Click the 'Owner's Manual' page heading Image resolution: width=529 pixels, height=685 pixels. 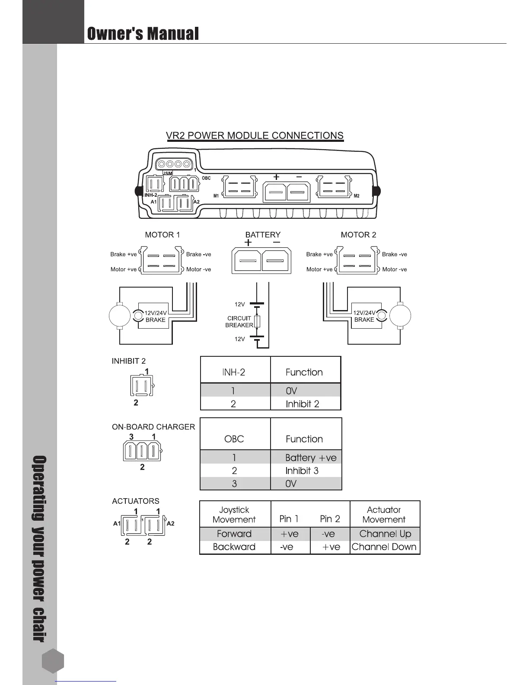(x=143, y=33)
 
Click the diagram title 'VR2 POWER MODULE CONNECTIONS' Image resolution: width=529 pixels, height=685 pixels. (x=255, y=135)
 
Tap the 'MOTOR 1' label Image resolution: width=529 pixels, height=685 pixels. (x=162, y=235)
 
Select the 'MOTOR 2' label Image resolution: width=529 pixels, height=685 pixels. (x=358, y=235)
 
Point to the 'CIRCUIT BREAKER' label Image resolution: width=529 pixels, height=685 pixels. (x=239, y=322)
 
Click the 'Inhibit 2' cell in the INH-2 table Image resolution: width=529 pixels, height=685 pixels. (x=302, y=404)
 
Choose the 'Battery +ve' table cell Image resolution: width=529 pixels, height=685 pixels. (x=310, y=458)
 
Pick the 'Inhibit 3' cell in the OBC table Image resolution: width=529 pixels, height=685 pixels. (x=302, y=471)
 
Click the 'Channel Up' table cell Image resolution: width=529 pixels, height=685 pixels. (x=385, y=534)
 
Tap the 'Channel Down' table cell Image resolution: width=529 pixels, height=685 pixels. (x=384, y=547)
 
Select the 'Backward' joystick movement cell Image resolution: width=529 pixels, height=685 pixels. (x=234, y=547)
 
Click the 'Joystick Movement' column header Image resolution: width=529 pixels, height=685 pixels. (x=234, y=515)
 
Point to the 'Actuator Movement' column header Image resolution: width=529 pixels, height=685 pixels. (x=384, y=515)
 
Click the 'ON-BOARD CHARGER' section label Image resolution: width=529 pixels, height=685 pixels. (x=153, y=427)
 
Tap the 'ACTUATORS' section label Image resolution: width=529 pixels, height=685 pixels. (x=135, y=501)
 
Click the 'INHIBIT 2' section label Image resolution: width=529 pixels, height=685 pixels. (x=128, y=361)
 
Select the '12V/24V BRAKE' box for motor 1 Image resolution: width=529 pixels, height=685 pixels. (x=155, y=316)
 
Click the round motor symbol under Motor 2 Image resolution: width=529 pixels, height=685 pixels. (x=400, y=316)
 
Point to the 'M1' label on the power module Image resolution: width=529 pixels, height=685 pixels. (x=216, y=196)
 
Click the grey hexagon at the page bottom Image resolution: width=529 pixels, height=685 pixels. (x=53, y=661)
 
